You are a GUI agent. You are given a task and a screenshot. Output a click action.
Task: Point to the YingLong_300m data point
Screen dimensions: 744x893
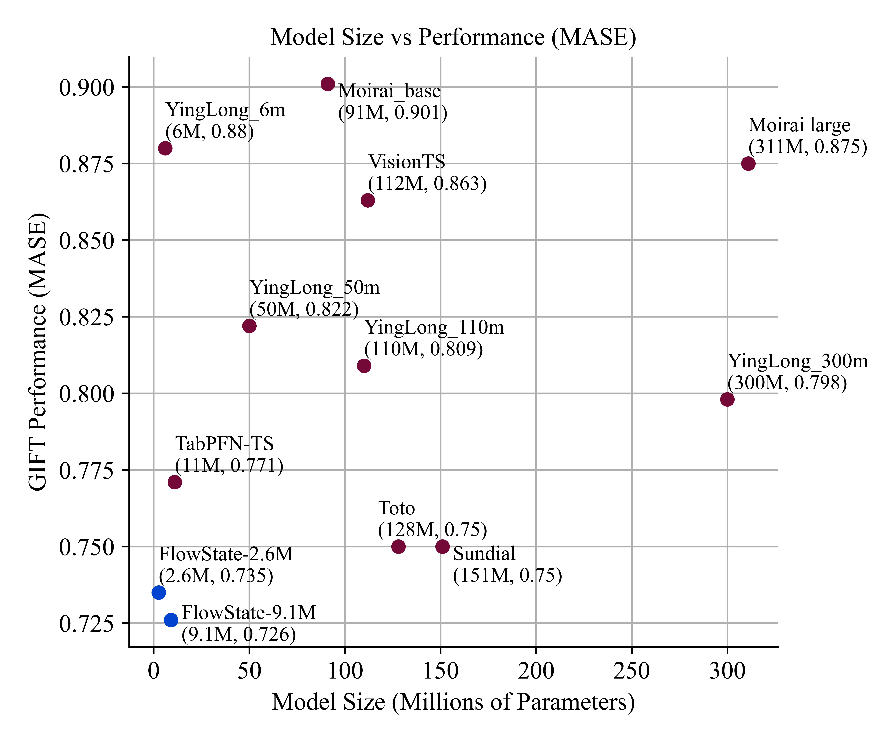click(727, 399)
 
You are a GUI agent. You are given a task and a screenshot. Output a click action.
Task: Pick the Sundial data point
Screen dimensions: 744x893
click(442, 546)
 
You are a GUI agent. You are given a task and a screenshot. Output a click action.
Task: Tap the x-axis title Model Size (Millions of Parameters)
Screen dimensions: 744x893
click(453, 702)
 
